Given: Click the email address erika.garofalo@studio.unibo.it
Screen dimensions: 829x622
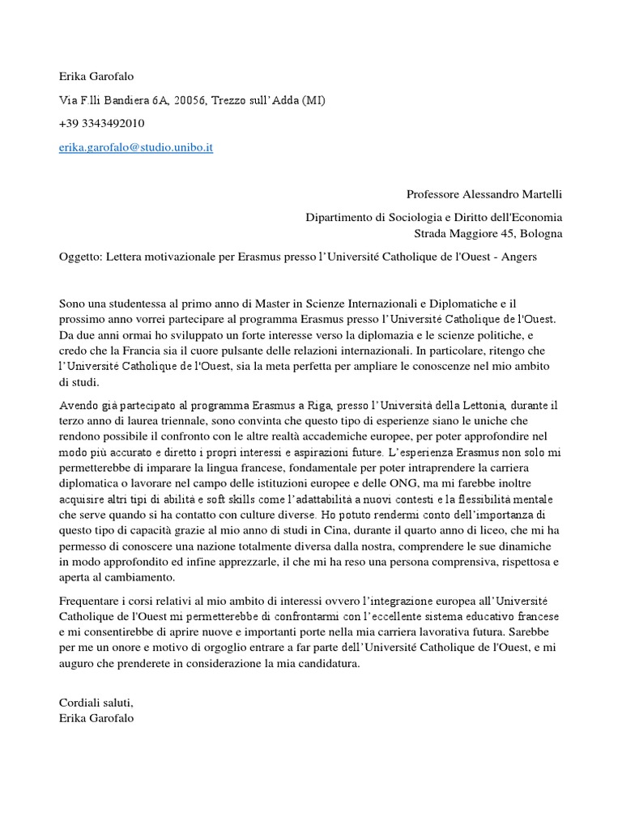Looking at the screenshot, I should pos(136,148).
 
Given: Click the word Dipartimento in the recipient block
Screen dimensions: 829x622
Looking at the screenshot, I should pos(339,218).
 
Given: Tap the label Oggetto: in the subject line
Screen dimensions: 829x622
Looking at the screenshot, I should pos(80,257).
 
